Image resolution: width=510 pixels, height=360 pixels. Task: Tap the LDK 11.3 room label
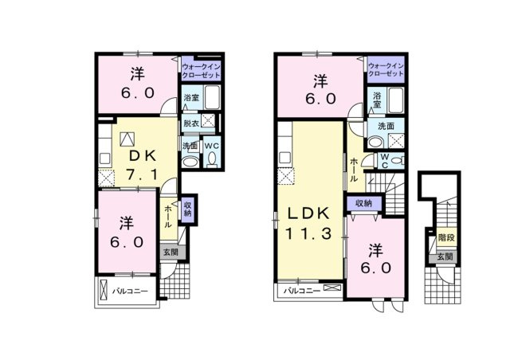coord(308,223)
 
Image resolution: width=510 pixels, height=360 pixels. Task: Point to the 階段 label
coord(446,237)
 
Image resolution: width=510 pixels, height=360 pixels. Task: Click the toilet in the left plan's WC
coord(212,159)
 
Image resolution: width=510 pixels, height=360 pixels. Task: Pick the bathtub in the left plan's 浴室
coord(213,97)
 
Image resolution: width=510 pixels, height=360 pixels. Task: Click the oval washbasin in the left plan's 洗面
coord(190,162)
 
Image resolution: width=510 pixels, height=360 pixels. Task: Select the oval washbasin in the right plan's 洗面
coord(376,143)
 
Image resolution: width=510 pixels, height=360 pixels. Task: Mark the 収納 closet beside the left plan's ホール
coord(188,209)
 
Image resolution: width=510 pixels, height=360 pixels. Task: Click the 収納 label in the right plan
coord(363,204)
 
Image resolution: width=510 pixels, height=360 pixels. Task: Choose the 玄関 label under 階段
coord(445,256)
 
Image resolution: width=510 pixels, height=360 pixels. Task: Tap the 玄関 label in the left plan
coord(171,252)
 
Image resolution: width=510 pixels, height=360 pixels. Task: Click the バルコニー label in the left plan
coord(130,291)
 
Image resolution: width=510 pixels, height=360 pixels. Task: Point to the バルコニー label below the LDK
coord(302,291)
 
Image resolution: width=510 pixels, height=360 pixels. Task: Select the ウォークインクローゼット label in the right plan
coord(386,70)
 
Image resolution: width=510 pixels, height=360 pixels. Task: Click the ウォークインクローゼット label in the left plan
coord(202,72)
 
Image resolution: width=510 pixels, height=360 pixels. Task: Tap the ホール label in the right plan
coord(354,170)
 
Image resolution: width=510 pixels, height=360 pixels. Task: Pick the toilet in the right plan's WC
coord(398,160)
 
